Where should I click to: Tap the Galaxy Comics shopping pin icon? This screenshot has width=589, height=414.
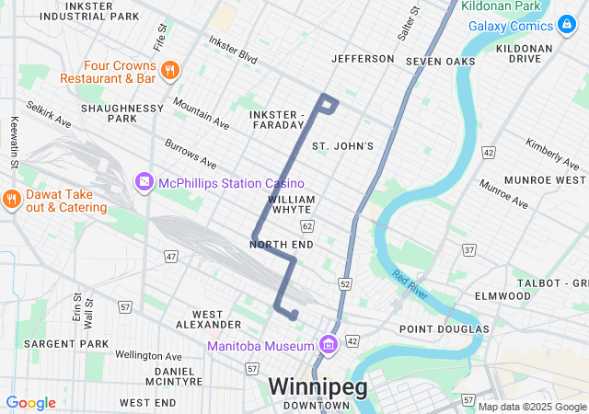[x=568, y=25]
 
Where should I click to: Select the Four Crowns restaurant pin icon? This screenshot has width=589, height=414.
[x=168, y=71]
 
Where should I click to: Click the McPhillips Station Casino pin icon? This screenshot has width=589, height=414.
[x=144, y=183]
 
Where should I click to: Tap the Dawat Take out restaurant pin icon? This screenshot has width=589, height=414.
[x=11, y=200]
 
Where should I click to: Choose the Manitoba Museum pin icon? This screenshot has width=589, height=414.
[x=329, y=345]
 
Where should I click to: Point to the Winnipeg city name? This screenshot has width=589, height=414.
[x=318, y=386]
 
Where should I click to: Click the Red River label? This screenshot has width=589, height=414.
[x=410, y=285]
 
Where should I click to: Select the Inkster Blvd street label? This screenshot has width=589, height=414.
[x=233, y=50]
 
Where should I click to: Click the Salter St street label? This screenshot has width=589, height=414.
[x=410, y=22]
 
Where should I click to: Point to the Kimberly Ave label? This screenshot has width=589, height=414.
[x=549, y=153]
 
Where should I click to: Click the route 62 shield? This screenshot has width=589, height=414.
[x=306, y=225]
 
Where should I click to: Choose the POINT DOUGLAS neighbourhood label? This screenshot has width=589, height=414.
[x=444, y=328]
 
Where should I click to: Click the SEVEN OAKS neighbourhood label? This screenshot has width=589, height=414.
[x=441, y=61]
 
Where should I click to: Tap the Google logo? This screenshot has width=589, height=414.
[x=30, y=403]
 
